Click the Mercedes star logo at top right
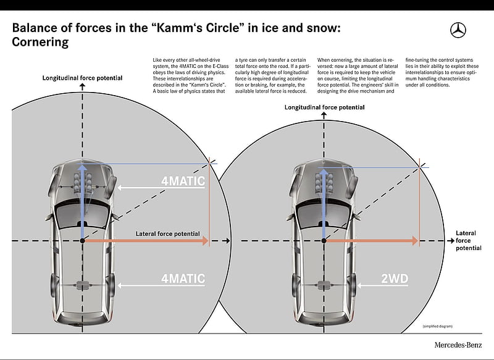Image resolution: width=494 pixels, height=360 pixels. click(458, 30)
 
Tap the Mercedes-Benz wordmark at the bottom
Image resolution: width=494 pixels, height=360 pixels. click(458, 345)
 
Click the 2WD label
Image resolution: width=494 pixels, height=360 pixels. click(395, 278)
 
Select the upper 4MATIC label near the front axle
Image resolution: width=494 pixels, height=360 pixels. click(183, 181)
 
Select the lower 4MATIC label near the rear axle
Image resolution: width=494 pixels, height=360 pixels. click(183, 278)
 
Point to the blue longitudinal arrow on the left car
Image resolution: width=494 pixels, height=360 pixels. click(83, 201)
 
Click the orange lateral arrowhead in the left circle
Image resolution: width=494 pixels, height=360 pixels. click(205, 241)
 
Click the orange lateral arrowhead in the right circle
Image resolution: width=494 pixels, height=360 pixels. click(415, 241)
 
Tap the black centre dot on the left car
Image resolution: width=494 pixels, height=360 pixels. click(83, 241)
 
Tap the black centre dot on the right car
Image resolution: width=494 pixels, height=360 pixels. click(324, 241)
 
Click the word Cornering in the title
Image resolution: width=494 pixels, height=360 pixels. click(40, 42)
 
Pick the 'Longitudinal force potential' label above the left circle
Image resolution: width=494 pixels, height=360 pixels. click(83, 78)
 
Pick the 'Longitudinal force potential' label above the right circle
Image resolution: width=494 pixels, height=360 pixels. click(325, 107)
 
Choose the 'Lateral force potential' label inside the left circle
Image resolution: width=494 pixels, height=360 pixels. click(167, 233)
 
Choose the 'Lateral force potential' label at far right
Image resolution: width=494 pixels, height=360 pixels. click(469, 241)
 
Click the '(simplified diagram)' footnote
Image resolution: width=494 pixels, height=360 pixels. click(437, 326)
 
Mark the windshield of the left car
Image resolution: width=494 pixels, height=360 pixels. click(83, 216)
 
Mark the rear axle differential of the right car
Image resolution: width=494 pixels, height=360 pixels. click(323, 286)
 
